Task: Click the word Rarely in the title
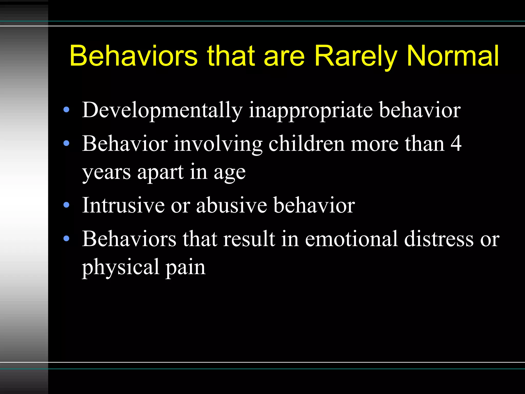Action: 356,56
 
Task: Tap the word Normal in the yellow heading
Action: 453,56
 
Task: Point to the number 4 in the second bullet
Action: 456,144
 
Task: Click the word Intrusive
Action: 123,205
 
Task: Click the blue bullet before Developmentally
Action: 66,110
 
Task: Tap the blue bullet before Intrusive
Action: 66,205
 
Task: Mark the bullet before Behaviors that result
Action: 66,239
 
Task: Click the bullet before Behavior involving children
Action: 66,143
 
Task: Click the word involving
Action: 218,144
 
